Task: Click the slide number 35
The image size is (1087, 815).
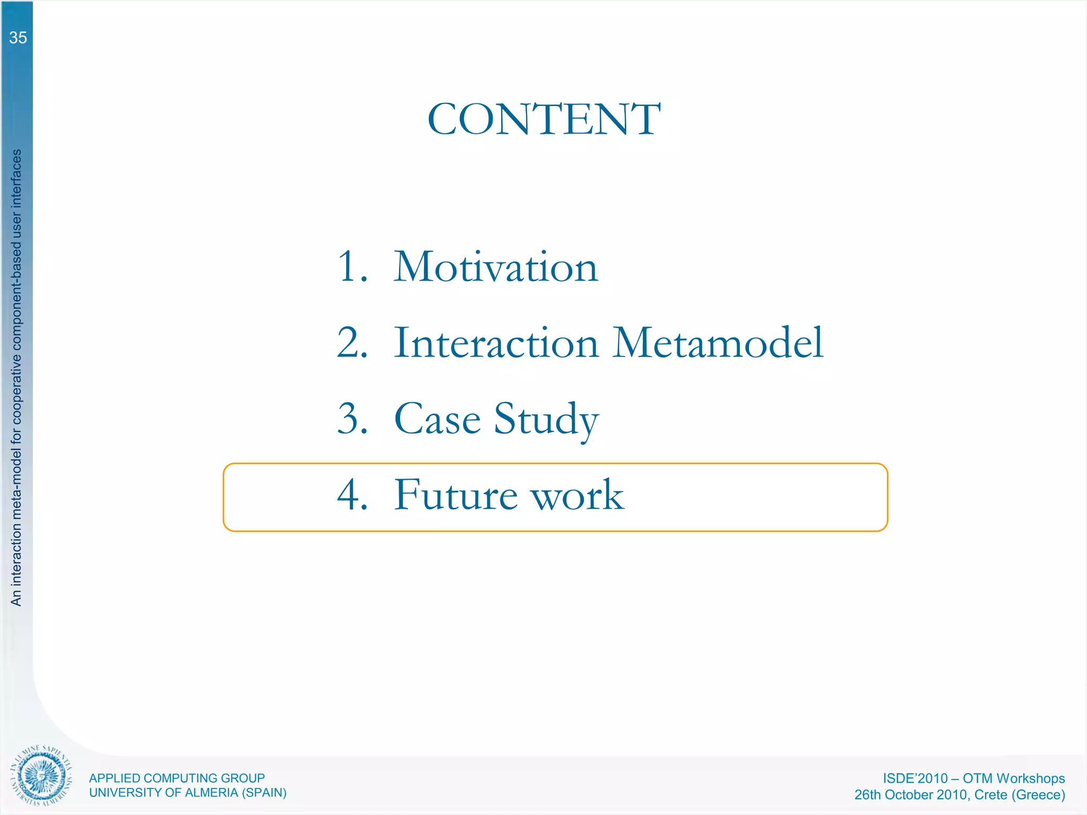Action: coord(18,38)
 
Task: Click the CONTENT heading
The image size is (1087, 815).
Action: coord(544,119)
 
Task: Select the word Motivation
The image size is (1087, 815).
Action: coord(496,267)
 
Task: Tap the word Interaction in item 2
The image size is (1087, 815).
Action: coord(497,343)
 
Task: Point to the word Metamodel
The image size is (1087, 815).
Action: coord(718,343)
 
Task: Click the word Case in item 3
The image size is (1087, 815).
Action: coord(437,419)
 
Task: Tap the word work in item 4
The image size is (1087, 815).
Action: coord(578,495)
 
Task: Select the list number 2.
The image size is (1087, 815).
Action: coord(352,343)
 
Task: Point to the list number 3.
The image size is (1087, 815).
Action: coord(352,419)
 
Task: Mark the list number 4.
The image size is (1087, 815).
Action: coord(352,495)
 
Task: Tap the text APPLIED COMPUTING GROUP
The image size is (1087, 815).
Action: coord(177,778)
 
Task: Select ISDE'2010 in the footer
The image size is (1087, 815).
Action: coord(915,778)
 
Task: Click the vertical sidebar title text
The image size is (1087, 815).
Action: coord(16,377)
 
